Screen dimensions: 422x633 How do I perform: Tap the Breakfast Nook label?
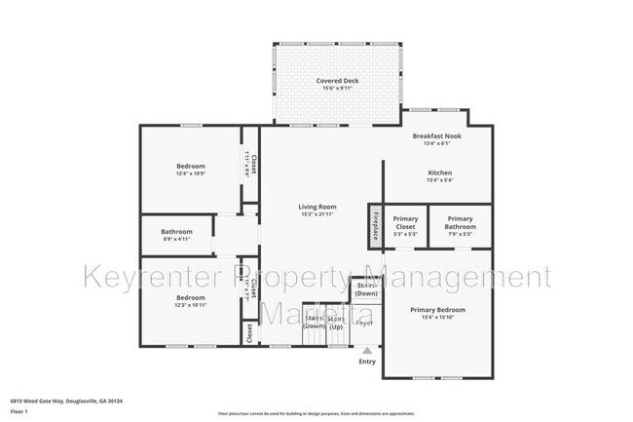(x=436, y=135)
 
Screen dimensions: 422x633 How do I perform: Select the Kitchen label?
(x=440, y=173)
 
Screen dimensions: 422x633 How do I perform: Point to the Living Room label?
(x=316, y=207)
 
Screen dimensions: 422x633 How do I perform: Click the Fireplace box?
(x=374, y=227)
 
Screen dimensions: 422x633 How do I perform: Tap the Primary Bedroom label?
(x=436, y=309)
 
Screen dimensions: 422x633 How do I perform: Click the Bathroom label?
(x=176, y=231)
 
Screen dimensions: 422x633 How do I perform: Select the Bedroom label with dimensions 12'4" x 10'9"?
(x=191, y=166)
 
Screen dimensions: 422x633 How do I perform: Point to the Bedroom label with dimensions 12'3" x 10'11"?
(x=190, y=297)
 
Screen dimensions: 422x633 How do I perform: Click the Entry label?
(x=366, y=362)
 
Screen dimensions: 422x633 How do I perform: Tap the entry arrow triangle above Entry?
(x=366, y=350)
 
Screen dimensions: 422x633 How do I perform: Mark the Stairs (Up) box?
(x=336, y=322)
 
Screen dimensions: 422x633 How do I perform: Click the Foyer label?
(x=364, y=322)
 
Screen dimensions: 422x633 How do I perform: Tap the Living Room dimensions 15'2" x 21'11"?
(x=316, y=214)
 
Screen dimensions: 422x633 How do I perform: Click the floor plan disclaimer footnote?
(x=316, y=413)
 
